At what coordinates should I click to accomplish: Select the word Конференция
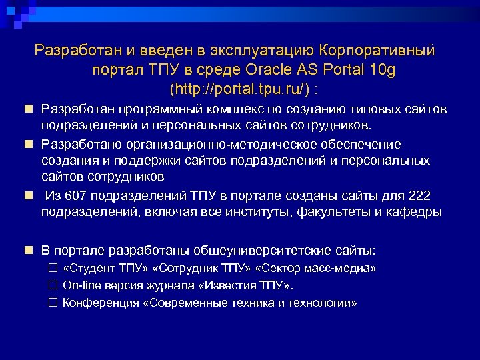(x=99, y=303)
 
